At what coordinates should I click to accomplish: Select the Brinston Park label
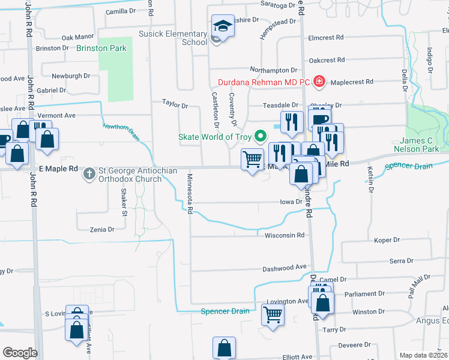101,48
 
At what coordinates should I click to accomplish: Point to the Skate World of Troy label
215,136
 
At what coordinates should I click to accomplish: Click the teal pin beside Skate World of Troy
260,136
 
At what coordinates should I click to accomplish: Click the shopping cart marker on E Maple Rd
253,160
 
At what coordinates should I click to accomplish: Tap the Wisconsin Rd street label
285,235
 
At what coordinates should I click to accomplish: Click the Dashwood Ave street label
285,268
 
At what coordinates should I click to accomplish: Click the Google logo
20,353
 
